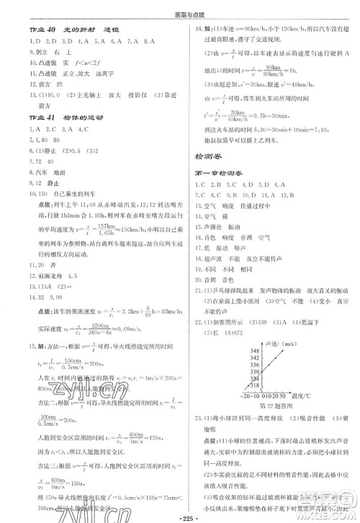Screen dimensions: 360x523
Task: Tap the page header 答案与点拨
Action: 179,9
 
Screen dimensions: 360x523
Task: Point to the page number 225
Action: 180,516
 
